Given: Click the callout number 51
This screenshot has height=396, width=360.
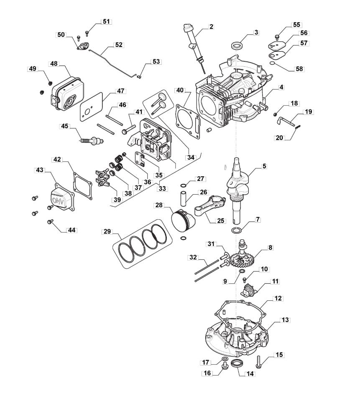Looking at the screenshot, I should [107, 21].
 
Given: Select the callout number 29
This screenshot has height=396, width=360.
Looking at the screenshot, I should [107, 231].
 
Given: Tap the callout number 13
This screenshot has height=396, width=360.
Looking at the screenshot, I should [285, 320].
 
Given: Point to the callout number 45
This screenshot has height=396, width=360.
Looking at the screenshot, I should [65, 125].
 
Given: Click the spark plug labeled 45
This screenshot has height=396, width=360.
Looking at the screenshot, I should [91, 139].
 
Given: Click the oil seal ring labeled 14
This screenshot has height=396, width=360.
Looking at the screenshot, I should [237, 362].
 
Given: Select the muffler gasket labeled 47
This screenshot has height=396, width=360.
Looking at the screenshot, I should [88, 108].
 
